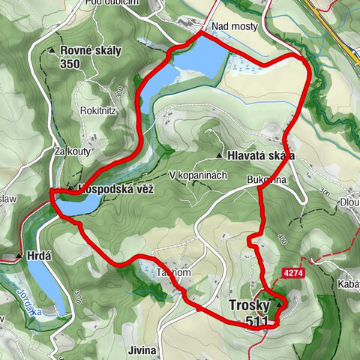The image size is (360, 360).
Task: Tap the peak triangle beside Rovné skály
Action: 52,51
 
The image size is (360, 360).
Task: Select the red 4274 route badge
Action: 294,274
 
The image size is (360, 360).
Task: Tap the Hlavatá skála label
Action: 259,155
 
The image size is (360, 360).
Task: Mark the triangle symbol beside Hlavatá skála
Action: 218,155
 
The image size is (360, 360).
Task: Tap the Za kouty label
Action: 72,151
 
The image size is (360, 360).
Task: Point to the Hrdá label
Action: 39,256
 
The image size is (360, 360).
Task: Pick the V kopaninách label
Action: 198,175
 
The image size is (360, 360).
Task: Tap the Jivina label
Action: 142,349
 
